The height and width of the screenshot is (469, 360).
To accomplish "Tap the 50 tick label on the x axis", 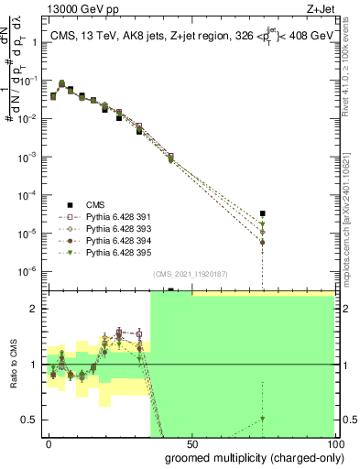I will click(191, 442).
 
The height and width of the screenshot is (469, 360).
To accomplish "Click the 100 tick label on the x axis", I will click(333, 442).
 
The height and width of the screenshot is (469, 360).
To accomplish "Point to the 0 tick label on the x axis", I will click(49, 442).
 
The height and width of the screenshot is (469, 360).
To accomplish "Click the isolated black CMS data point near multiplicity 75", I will click(262, 213).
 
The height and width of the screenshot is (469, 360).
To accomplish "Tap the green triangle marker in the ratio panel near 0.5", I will click(262, 419).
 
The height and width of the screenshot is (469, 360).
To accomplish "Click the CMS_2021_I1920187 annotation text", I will click(190, 273).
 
